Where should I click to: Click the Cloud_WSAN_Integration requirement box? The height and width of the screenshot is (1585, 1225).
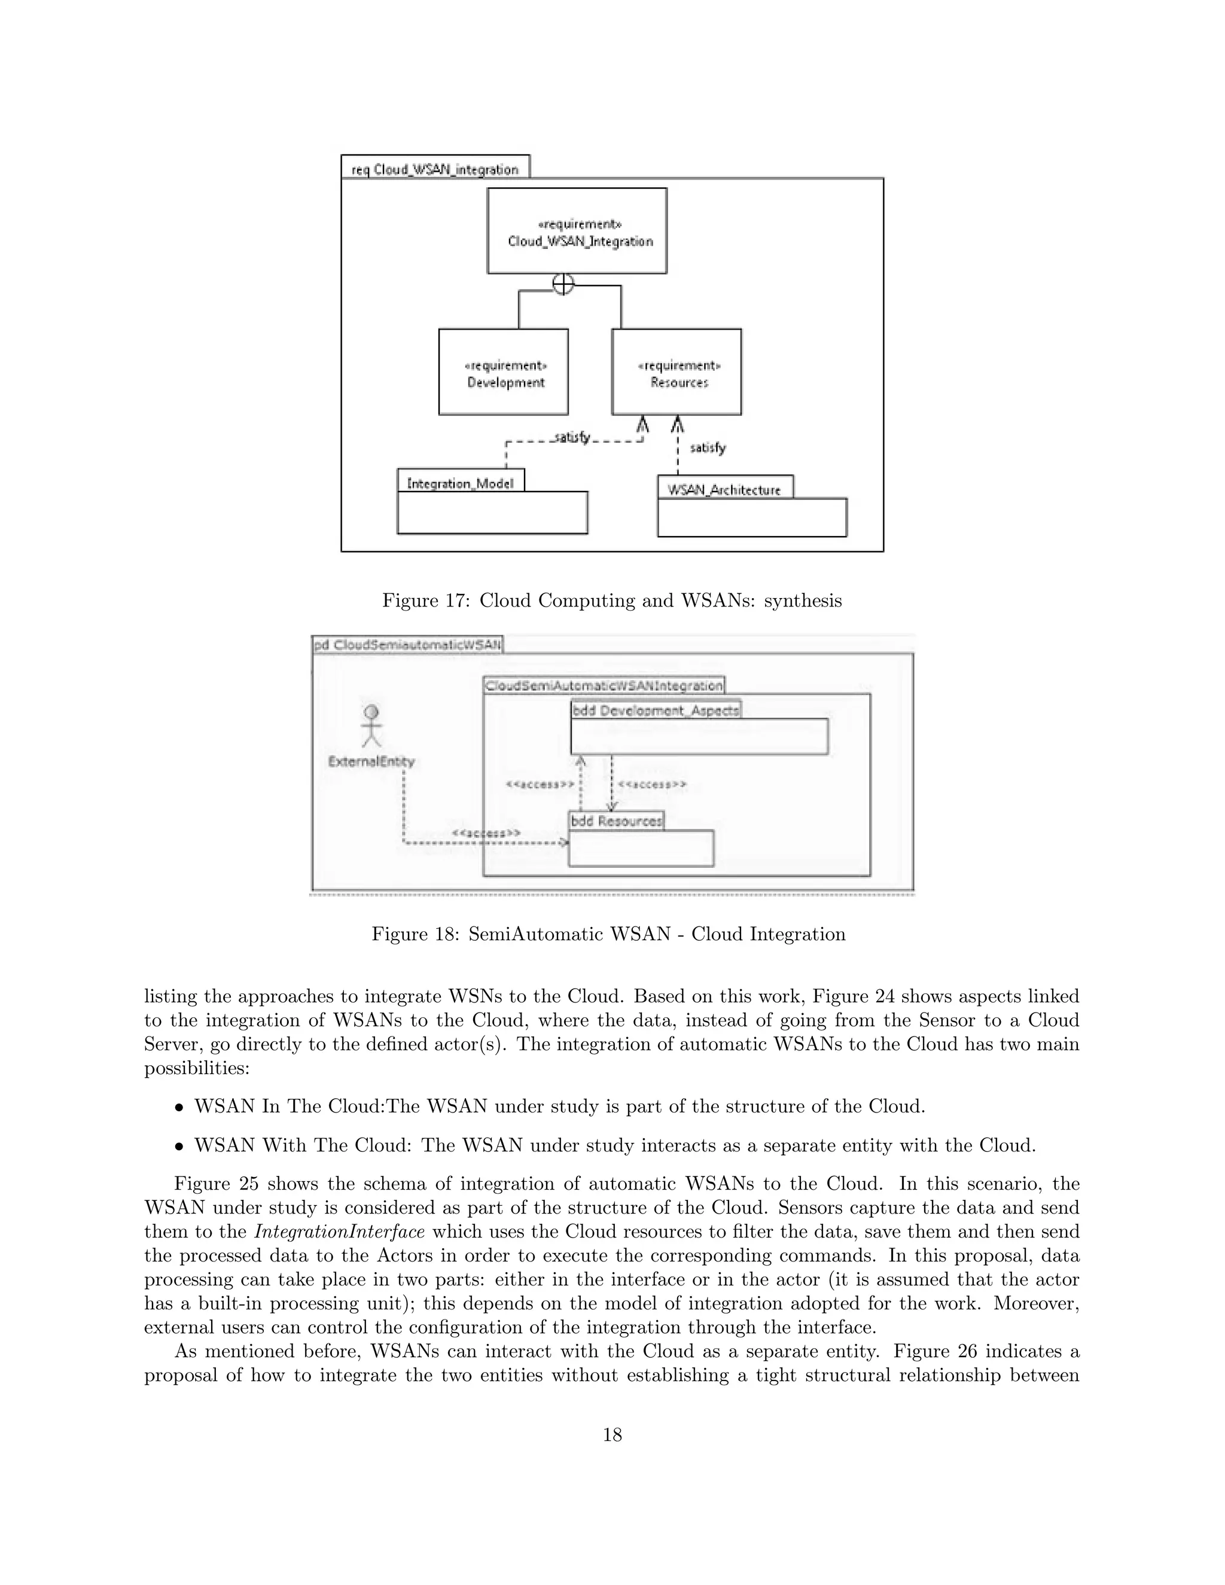[577, 231]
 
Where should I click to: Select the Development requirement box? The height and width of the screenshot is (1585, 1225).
[504, 372]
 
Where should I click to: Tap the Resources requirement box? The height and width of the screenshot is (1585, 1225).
[677, 372]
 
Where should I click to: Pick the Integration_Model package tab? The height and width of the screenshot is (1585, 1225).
[461, 482]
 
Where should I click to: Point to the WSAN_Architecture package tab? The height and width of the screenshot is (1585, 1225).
[725, 489]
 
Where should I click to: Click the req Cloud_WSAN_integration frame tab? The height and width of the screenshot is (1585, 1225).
[435, 169]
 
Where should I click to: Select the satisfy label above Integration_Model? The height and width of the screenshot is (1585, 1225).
[571, 438]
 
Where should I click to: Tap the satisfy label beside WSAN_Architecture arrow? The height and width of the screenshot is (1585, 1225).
[708, 448]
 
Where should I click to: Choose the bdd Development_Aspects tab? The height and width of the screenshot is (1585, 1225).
[656, 710]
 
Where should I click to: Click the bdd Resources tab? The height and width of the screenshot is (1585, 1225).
[616, 821]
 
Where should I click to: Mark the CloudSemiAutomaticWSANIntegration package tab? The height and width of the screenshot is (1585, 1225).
[604, 685]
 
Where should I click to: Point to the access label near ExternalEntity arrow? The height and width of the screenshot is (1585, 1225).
[486, 833]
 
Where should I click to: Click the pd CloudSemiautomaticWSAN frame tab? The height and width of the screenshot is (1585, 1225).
[408, 644]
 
